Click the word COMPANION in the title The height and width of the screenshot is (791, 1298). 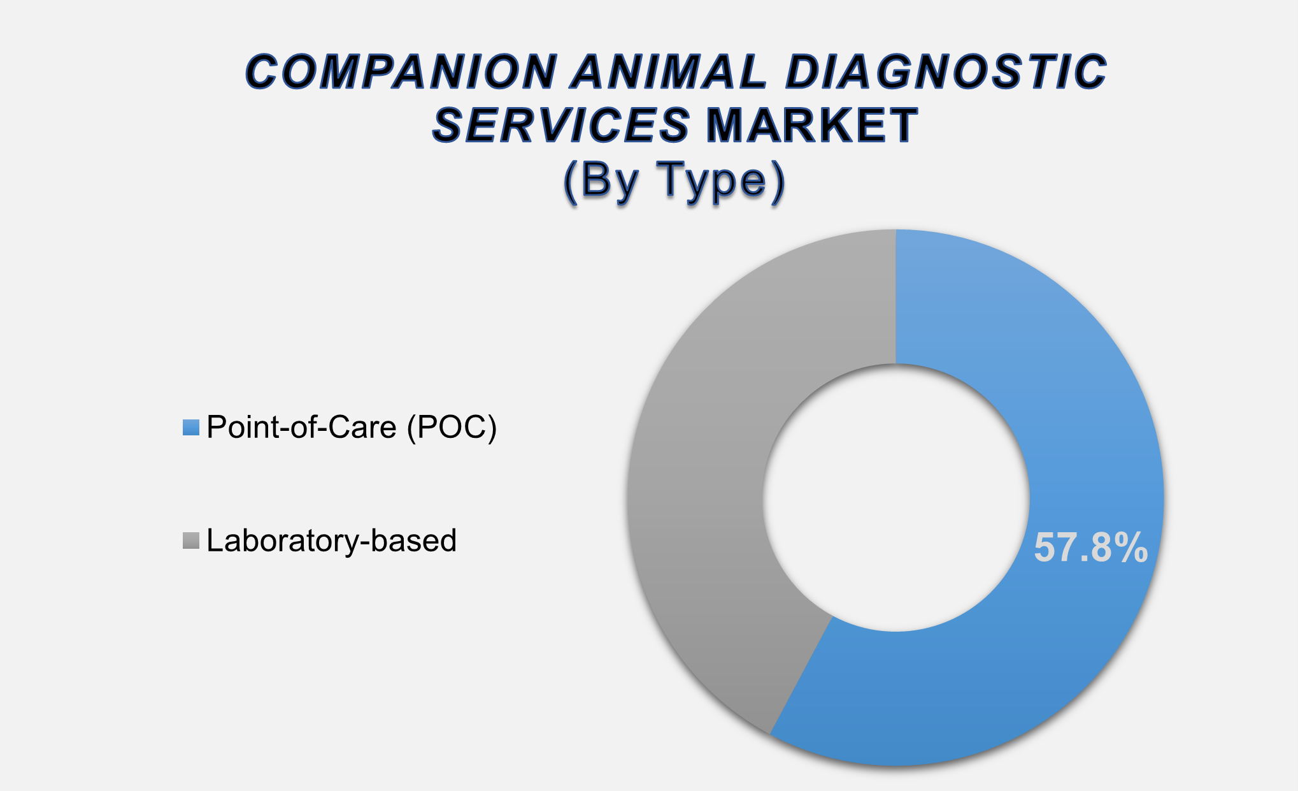click(x=401, y=71)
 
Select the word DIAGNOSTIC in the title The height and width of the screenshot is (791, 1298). click(x=946, y=71)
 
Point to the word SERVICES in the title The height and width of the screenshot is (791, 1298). click(x=560, y=125)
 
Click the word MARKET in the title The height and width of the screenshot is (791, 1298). click(x=812, y=125)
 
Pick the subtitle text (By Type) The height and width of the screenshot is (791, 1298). click(x=674, y=181)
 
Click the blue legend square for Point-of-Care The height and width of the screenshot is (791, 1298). click(x=191, y=427)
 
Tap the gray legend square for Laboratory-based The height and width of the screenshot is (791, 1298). click(x=191, y=541)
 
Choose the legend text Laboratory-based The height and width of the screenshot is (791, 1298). click(x=331, y=541)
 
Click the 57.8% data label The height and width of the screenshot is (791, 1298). click(x=1090, y=548)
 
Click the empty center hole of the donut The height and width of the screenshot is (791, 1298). click(x=896, y=498)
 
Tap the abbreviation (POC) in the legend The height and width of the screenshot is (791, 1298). click(x=452, y=427)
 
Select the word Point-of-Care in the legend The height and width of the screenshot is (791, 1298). click(x=302, y=427)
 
